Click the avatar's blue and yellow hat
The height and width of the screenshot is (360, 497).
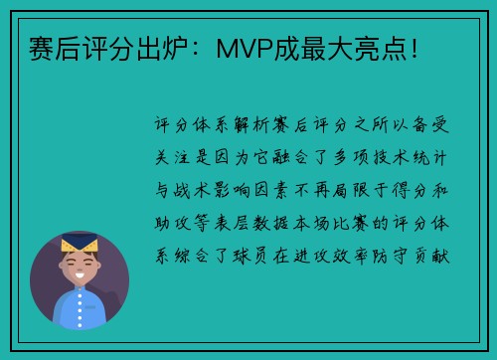pos(80,242)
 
